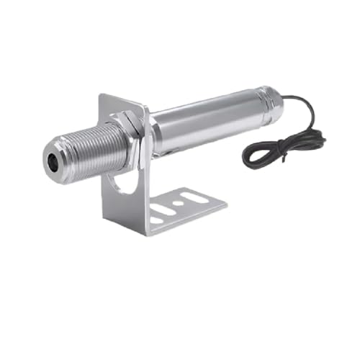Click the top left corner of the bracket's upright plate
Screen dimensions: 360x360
[x=102, y=95]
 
